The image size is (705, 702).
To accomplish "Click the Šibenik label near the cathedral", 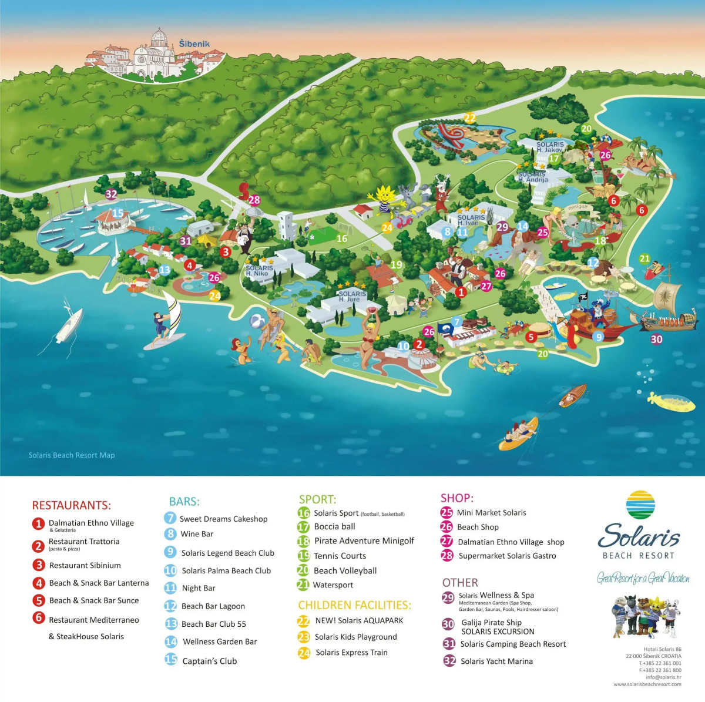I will pos(194,44).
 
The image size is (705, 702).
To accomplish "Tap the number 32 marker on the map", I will pos(111,194).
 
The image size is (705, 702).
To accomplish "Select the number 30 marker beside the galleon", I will pos(656,339).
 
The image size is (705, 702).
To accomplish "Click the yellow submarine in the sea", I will pos(671,401).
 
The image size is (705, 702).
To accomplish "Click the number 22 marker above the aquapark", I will pos(469,117).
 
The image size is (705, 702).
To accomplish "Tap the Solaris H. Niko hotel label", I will pos(258,271).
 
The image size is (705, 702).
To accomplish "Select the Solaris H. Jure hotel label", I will pos(352,297).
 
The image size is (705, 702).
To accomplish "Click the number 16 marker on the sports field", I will pos(342,239).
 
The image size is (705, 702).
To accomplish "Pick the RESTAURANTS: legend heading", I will pos(71,505).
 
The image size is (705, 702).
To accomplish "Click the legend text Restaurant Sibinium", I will pos(85,565).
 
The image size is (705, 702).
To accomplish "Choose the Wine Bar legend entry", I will pos(196,534).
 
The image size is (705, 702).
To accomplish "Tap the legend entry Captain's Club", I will pos(209,661).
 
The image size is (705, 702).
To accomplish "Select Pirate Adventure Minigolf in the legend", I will pos(364,540).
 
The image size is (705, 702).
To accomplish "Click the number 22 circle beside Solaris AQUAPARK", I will pos(303,620).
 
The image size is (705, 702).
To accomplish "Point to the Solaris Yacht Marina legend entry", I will pos(496,661).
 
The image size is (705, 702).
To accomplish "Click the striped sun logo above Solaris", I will pos(640,505).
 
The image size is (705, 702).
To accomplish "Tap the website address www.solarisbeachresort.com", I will pos(647,684).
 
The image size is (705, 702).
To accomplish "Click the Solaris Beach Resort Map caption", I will pos(72,455).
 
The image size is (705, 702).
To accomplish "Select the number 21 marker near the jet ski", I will pos(644,258).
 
